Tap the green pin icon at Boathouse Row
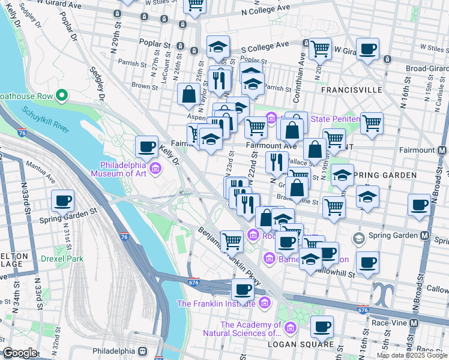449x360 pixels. [61, 95]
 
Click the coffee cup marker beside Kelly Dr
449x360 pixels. [147, 146]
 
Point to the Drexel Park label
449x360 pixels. [62, 259]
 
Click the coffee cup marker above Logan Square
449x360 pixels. [322, 326]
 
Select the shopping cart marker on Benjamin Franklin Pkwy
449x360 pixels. [232, 241]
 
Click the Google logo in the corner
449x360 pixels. [20, 353]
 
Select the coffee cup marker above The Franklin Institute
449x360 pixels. [243, 289]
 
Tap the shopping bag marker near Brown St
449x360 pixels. [189, 94]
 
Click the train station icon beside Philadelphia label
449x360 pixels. [143, 351]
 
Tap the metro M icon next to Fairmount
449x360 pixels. [442, 150]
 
